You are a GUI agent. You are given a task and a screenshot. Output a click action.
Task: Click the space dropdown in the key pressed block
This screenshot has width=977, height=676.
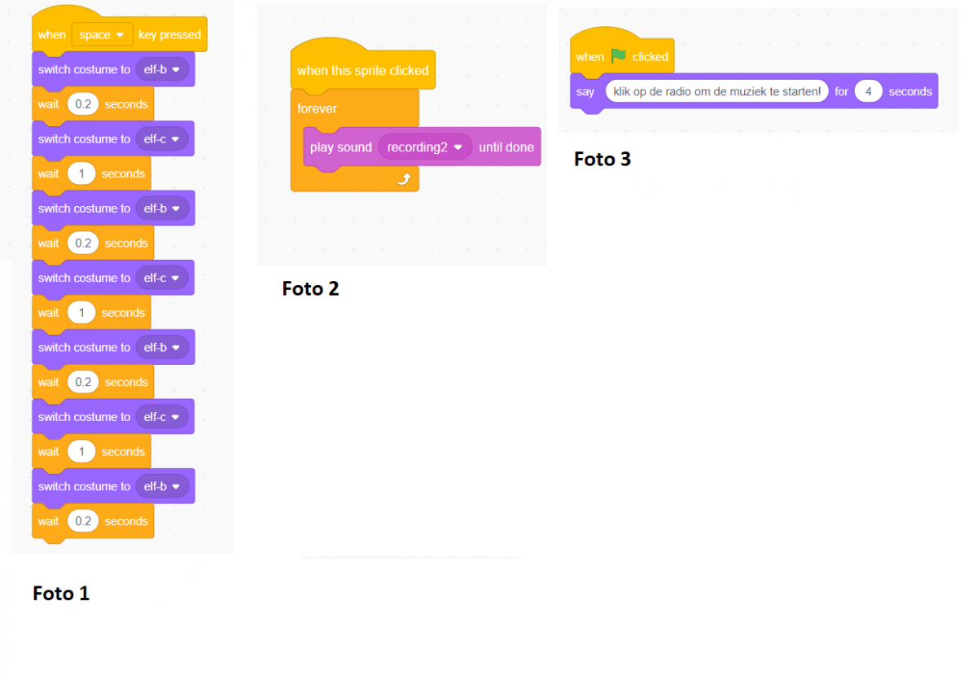tap(102, 35)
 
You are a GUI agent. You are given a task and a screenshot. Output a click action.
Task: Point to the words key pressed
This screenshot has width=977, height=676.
tap(169, 35)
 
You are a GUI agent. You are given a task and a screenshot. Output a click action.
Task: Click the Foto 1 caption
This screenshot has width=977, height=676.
tap(61, 594)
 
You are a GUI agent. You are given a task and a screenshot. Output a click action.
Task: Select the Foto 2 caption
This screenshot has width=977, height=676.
tap(310, 288)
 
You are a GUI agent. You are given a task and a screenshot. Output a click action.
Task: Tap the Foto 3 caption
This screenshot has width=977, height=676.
tap(602, 159)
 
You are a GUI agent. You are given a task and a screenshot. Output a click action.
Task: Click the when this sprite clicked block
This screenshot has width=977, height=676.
tap(362, 71)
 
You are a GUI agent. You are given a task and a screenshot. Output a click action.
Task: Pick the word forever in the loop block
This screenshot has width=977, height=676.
tap(317, 108)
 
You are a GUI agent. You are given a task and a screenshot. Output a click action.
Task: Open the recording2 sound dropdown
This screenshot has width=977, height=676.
tap(425, 147)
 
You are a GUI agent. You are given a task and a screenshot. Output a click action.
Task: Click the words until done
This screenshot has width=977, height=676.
tap(506, 147)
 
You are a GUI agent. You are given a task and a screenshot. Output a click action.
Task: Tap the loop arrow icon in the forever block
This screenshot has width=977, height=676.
tap(403, 179)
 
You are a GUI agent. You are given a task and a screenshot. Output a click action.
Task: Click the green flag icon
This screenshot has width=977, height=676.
tap(619, 56)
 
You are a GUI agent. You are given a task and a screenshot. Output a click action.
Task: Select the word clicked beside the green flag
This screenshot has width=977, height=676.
tap(650, 57)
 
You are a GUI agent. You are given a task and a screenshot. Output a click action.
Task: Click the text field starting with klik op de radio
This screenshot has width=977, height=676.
tap(716, 91)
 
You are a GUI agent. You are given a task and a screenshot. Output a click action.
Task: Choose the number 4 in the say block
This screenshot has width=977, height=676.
tap(869, 91)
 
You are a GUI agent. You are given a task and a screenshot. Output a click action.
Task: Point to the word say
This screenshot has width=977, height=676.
tap(585, 92)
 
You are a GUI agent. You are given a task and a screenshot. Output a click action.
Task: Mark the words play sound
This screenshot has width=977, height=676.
tap(340, 147)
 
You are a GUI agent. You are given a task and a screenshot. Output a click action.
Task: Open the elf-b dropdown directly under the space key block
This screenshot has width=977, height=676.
tap(162, 70)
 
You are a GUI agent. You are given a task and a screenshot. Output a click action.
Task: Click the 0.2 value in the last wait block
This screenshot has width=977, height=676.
tap(82, 521)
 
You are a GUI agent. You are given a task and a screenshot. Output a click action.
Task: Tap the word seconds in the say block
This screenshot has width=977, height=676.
tap(910, 91)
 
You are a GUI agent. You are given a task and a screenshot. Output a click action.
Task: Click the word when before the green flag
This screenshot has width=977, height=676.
tap(589, 57)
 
